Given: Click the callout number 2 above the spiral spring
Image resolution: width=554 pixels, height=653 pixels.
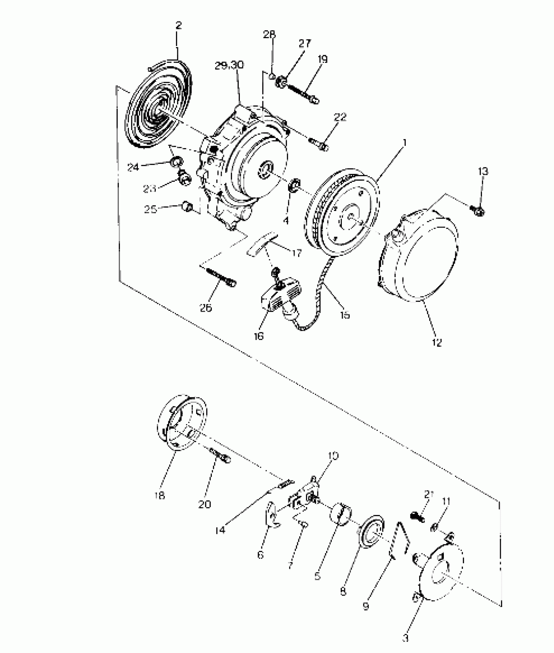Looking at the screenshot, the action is tap(178, 26).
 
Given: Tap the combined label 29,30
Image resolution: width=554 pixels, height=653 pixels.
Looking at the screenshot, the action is tap(229, 66).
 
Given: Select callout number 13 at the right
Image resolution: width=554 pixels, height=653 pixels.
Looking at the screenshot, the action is tap(483, 172).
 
